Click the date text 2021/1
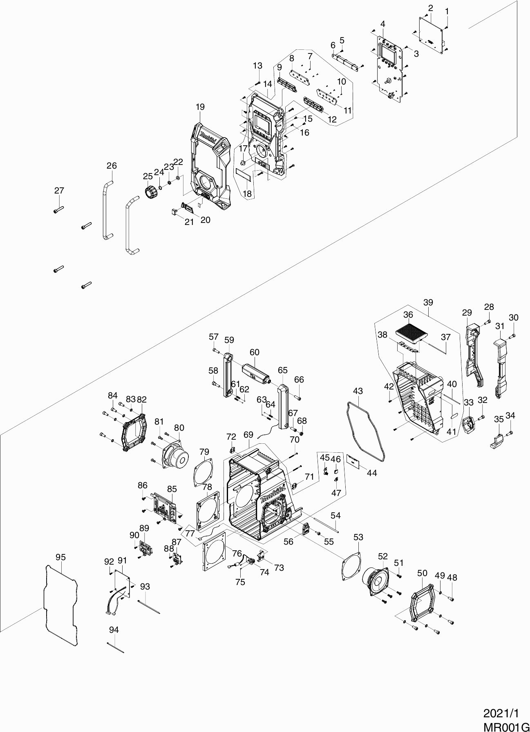tap(501, 714)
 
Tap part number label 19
tap(200, 107)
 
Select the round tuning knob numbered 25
tap(151, 191)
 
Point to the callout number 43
tap(358, 391)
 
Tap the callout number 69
tap(248, 435)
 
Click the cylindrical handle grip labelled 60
tap(255, 372)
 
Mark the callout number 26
tap(112, 166)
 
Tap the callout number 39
tap(428, 303)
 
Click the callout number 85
tap(172, 489)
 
